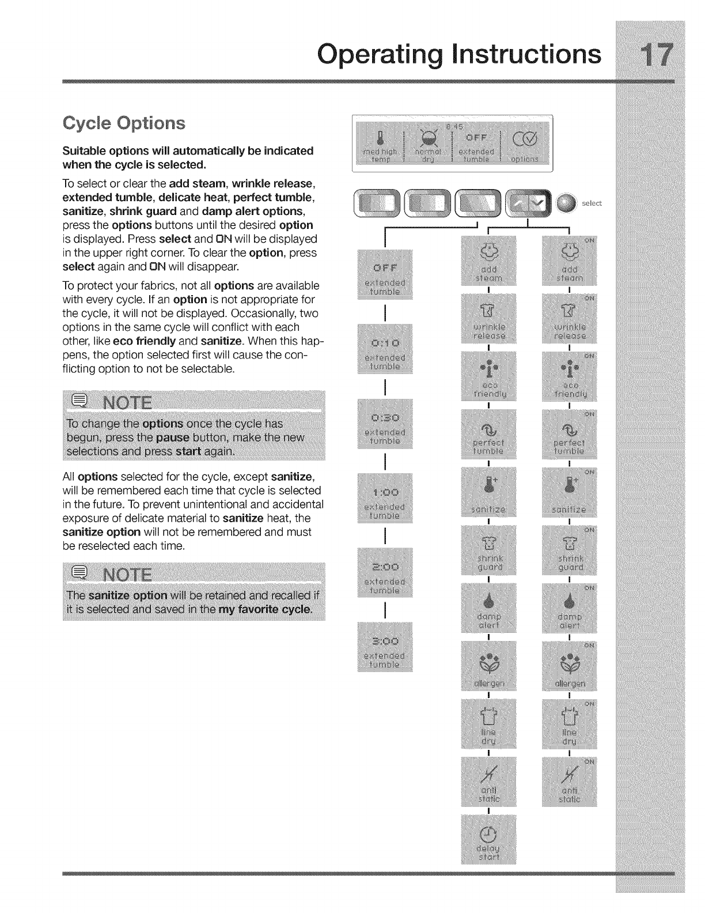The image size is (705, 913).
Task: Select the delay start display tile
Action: [489, 838]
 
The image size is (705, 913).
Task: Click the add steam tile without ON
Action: [489, 262]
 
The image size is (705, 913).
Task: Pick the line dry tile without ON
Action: [489, 724]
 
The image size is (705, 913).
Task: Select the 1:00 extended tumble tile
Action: [385, 499]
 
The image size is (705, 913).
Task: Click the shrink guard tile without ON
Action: [489, 551]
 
